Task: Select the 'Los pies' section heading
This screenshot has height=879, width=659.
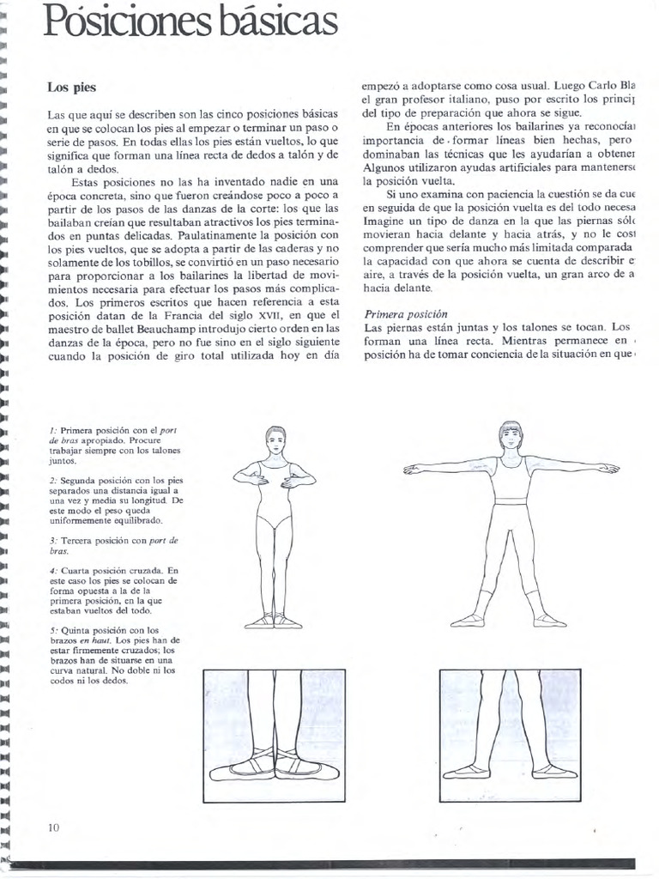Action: coord(71,88)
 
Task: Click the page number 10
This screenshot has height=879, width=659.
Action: coord(54,827)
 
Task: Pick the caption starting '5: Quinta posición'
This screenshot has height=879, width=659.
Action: coord(116,655)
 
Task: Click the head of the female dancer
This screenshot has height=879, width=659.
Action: coord(275,440)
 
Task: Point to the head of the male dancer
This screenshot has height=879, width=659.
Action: coord(511,436)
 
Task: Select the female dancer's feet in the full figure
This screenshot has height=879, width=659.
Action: coord(275,621)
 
